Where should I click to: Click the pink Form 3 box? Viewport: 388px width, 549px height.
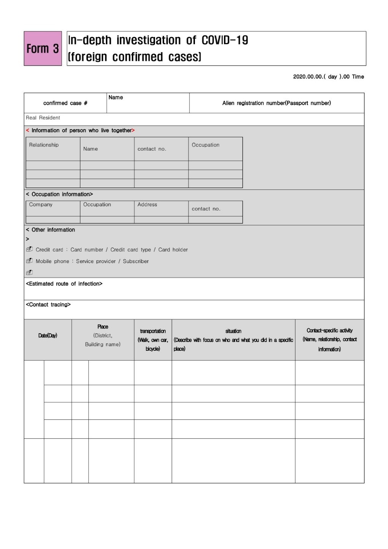click(x=43, y=48)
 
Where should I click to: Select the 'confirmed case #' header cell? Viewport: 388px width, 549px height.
click(x=65, y=103)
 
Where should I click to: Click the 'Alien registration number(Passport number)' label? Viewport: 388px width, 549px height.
click(x=276, y=103)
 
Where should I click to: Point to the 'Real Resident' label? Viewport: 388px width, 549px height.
click(x=43, y=118)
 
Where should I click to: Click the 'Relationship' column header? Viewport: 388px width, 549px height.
click(x=44, y=145)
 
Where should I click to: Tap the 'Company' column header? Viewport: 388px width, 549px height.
click(x=41, y=204)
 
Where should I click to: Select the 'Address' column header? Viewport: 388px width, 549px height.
click(x=147, y=204)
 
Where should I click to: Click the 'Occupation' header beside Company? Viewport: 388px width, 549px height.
click(x=97, y=204)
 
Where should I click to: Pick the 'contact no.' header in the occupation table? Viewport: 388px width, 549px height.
click(x=206, y=209)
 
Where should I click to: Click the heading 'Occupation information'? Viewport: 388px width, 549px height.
click(x=62, y=194)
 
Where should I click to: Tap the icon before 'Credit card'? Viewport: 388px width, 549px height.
click(x=29, y=249)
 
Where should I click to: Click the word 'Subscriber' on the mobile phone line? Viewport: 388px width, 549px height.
click(x=136, y=261)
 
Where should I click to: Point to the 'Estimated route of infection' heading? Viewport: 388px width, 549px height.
click(x=64, y=284)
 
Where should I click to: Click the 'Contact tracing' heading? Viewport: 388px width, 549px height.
click(x=48, y=305)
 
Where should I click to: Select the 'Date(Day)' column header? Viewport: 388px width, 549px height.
click(x=48, y=335)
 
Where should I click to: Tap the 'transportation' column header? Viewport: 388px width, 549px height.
click(x=153, y=331)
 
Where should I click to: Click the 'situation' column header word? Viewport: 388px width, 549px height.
click(x=233, y=331)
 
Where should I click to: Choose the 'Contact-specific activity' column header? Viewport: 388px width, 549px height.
click(x=329, y=331)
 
